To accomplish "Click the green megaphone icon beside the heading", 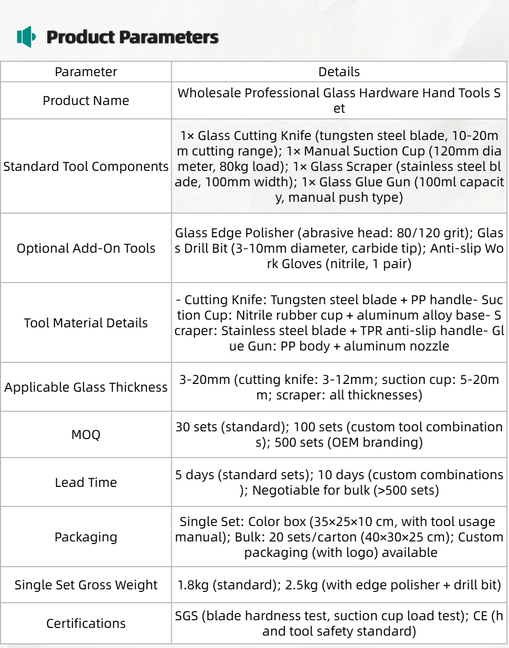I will pyautogui.click(x=26, y=37).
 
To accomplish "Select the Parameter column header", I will pyautogui.click(x=86, y=72).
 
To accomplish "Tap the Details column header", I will pyautogui.click(x=339, y=72).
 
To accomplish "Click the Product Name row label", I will pyautogui.click(x=86, y=101).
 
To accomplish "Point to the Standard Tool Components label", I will pyautogui.click(x=86, y=167).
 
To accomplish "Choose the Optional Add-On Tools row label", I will pyautogui.click(x=86, y=249).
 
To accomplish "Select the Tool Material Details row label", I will pyautogui.click(x=86, y=323).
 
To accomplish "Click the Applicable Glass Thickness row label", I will pyautogui.click(x=86, y=388).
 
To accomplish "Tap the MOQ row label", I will pyautogui.click(x=86, y=435).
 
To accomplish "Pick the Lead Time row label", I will pyautogui.click(x=86, y=483).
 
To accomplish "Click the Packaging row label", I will pyautogui.click(x=86, y=537).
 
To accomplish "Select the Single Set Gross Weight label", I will pyautogui.click(x=86, y=585).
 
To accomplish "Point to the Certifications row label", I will pyautogui.click(x=86, y=624).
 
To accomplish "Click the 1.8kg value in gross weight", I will pyautogui.click(x=193, y=585).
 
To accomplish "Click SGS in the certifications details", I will pyautogui.click(x=186, y=616).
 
